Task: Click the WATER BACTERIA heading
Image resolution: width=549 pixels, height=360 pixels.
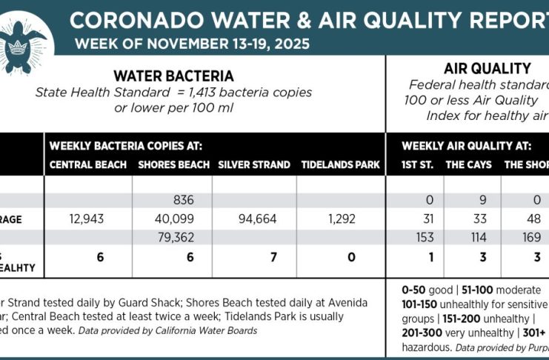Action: [173, 76]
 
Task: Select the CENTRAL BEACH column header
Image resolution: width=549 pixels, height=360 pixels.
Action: [88, 164]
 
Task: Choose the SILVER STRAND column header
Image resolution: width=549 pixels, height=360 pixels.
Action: [254, 164]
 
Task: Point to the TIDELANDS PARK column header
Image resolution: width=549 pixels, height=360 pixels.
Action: [340, 164]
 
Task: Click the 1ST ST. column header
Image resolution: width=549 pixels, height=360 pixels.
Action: [417, 164]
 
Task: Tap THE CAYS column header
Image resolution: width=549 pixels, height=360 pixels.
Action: [468, 164]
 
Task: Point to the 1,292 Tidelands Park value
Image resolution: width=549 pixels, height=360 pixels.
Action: [341, 219]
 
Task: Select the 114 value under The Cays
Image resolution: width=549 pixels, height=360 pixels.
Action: [470, 237]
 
